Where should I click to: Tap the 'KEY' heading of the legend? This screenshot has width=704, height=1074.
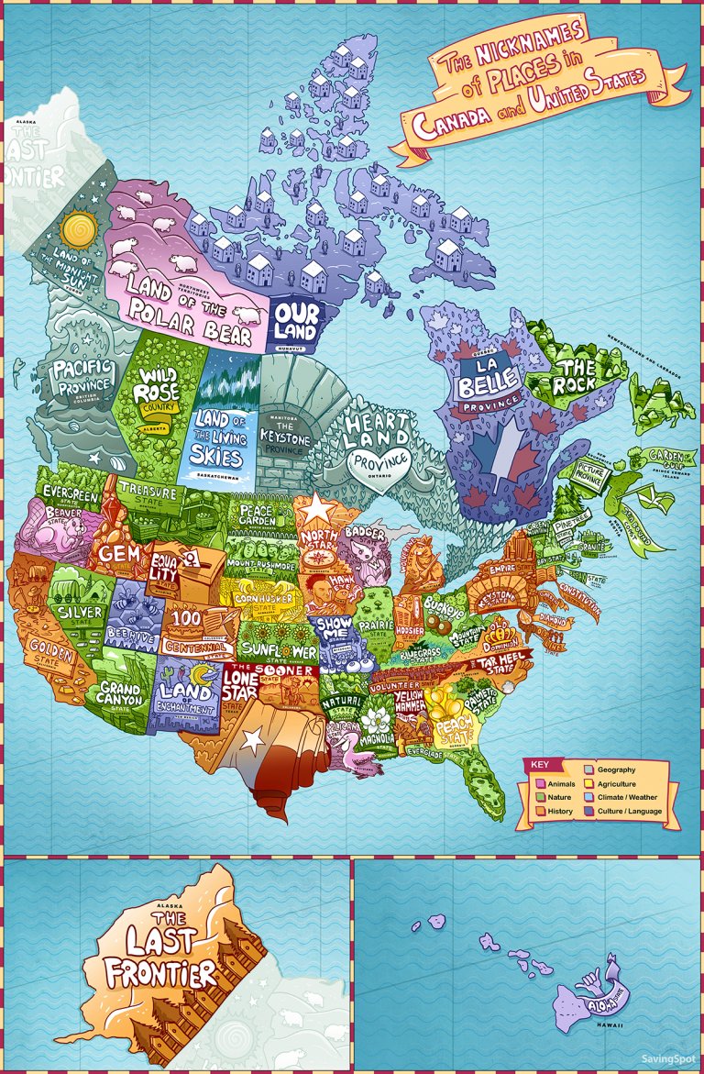tap(540, 765)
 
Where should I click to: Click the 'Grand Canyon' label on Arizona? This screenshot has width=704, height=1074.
tap(121, 694)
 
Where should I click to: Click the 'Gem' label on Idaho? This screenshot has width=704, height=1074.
tap(118, 554)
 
